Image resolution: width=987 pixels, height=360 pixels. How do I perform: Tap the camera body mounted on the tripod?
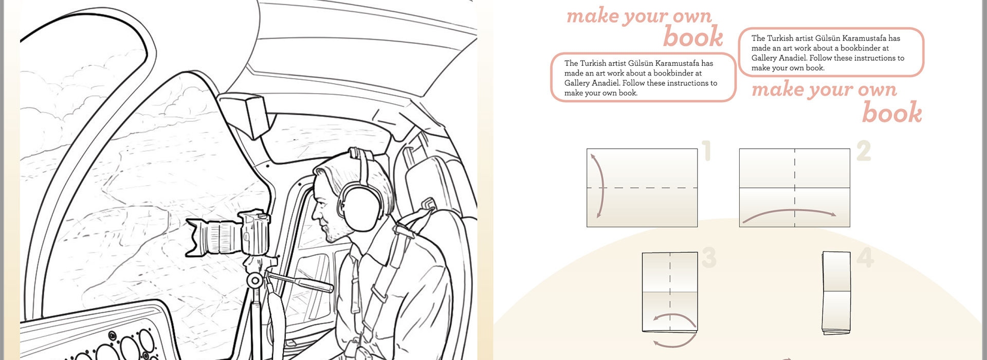[x=255, y=232]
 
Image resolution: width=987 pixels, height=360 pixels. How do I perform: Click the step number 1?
[x=707, y=151]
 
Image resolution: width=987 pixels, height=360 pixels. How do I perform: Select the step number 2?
[x=864, y=151]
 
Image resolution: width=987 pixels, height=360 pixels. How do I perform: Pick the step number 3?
[x=709, y=257]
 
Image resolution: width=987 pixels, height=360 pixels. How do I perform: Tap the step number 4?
[x=865, y=257]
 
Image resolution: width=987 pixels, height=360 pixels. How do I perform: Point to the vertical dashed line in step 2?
[x=795, y=188]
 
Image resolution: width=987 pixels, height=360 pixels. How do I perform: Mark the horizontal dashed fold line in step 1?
[x=642, y=188]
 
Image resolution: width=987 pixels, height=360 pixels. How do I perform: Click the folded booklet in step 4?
[x=836, y=293]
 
